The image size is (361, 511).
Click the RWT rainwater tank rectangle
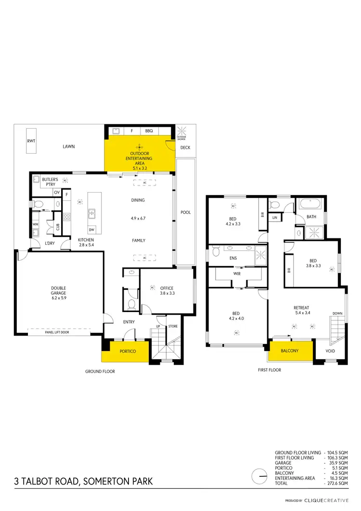click(x=31, y=141)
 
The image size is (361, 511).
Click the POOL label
click(x=185, y=212)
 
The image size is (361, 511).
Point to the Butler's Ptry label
click(x=50, y=182)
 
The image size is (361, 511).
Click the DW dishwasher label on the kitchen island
click(x=91, y=230)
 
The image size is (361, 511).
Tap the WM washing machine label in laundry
click(x=36, y=224)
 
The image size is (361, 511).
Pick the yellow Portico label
click(x=128, y=352)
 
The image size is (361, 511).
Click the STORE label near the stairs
click(x=173, y=326)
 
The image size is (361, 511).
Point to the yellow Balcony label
click(x=290, y=351)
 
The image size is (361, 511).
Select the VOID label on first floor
click(x=330, y=351)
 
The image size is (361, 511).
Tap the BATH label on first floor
click(x=311, y=217)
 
